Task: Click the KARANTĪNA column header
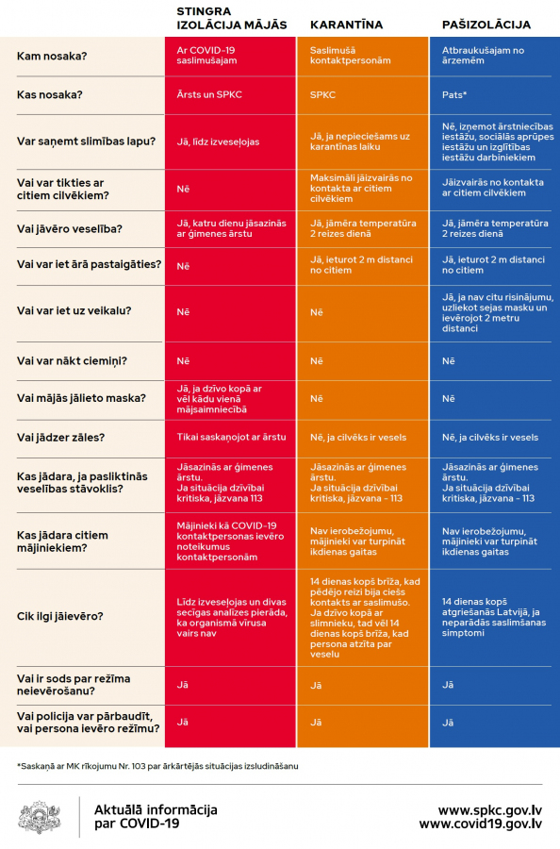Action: click(346, 25)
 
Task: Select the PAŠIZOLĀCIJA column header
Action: click(486, 25)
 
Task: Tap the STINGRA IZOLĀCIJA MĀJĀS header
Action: click(232, 18)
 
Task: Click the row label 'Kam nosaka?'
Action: click(52, 57)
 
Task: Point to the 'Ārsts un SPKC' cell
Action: click(209, 94)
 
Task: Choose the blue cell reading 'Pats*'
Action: click(454, 94)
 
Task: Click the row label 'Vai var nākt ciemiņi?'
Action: click(72, 361)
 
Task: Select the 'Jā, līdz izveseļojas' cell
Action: click(218, 141)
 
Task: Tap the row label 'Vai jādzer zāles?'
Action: click(60, 438)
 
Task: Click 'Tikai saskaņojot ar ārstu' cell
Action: click(232, 437)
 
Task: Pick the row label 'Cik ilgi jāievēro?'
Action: click(60, 616)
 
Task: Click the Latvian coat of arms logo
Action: click(40, 817)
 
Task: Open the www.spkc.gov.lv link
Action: click(490, 810)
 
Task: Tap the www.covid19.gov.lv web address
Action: click(481, 824)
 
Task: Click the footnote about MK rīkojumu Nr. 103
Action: click(157, 766)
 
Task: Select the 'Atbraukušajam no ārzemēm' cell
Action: click(484, 56)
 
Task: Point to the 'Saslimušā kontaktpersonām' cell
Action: click(350, 56)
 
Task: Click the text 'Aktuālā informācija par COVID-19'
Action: click(156, 817)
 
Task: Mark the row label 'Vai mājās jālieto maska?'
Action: click(82, 398)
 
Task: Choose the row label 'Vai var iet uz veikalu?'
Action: click(74, 310)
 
